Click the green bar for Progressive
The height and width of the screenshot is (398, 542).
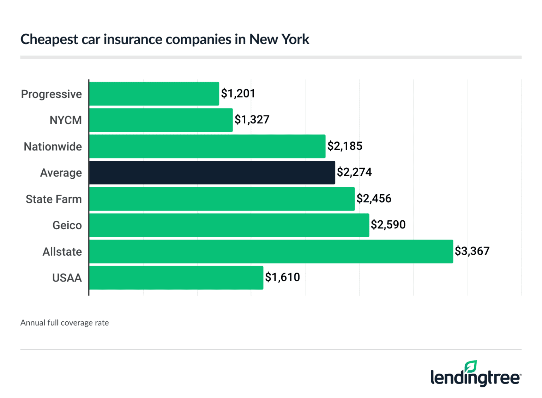pos(154,94)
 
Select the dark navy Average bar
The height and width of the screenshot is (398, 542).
pos(212,173)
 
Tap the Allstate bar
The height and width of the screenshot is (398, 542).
pos(271,251)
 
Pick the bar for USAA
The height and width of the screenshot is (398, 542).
pos(176,278)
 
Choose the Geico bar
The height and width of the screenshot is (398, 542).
pos(229,225)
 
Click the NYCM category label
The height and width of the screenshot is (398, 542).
pos(66,120)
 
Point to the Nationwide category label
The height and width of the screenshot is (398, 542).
pos(53,147)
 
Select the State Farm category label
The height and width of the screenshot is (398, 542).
pos(54,199)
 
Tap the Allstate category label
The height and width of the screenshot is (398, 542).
pos(62,252)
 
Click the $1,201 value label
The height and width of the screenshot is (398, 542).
pos(238,94)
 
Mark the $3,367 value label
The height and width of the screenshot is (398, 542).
pos(472,251)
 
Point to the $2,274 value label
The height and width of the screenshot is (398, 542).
pos(354,172)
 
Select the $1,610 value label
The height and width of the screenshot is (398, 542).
pos(282,278)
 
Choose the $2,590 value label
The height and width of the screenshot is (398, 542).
pos(388,225)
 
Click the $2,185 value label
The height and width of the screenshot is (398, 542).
pos(344,146)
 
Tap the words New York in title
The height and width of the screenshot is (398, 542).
pos(279,39)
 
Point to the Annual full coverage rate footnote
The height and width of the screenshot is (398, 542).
pos(65,323)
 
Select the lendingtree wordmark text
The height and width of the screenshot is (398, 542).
pos(475,378)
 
